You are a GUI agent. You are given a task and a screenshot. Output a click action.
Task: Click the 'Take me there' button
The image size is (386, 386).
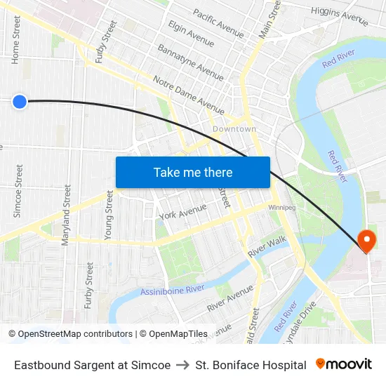[193, 172]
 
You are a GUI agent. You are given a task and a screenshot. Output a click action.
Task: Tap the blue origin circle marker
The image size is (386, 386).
[20, 102]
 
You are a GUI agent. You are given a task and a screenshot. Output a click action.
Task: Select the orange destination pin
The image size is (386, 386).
[366, 241]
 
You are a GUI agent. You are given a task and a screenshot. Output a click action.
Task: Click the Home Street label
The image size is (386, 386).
[15, 41]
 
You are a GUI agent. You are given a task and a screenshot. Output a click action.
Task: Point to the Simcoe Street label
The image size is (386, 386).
[18, 191]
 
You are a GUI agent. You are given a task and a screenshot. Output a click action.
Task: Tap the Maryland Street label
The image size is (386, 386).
[67, 214]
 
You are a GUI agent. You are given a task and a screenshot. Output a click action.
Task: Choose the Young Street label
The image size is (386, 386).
[109, 215]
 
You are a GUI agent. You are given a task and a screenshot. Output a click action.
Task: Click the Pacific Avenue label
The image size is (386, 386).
[218, 23]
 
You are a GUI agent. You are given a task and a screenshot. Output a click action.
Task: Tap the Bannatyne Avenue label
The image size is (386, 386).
[190, 62]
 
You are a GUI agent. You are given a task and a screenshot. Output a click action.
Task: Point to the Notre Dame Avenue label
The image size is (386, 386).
[188, 95]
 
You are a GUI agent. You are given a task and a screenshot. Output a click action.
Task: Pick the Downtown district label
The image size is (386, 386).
[234, 129]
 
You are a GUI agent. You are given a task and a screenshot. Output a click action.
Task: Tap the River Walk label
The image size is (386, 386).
[267, 246]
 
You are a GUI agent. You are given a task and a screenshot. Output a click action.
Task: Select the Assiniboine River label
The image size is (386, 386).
[172, 289]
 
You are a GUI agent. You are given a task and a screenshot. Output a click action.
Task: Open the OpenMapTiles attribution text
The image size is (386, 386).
[173, 334]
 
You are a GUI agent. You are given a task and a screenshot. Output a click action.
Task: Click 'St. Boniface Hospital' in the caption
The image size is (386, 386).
[251, 365]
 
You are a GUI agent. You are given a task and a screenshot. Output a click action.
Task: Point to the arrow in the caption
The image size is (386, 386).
[183, 365]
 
